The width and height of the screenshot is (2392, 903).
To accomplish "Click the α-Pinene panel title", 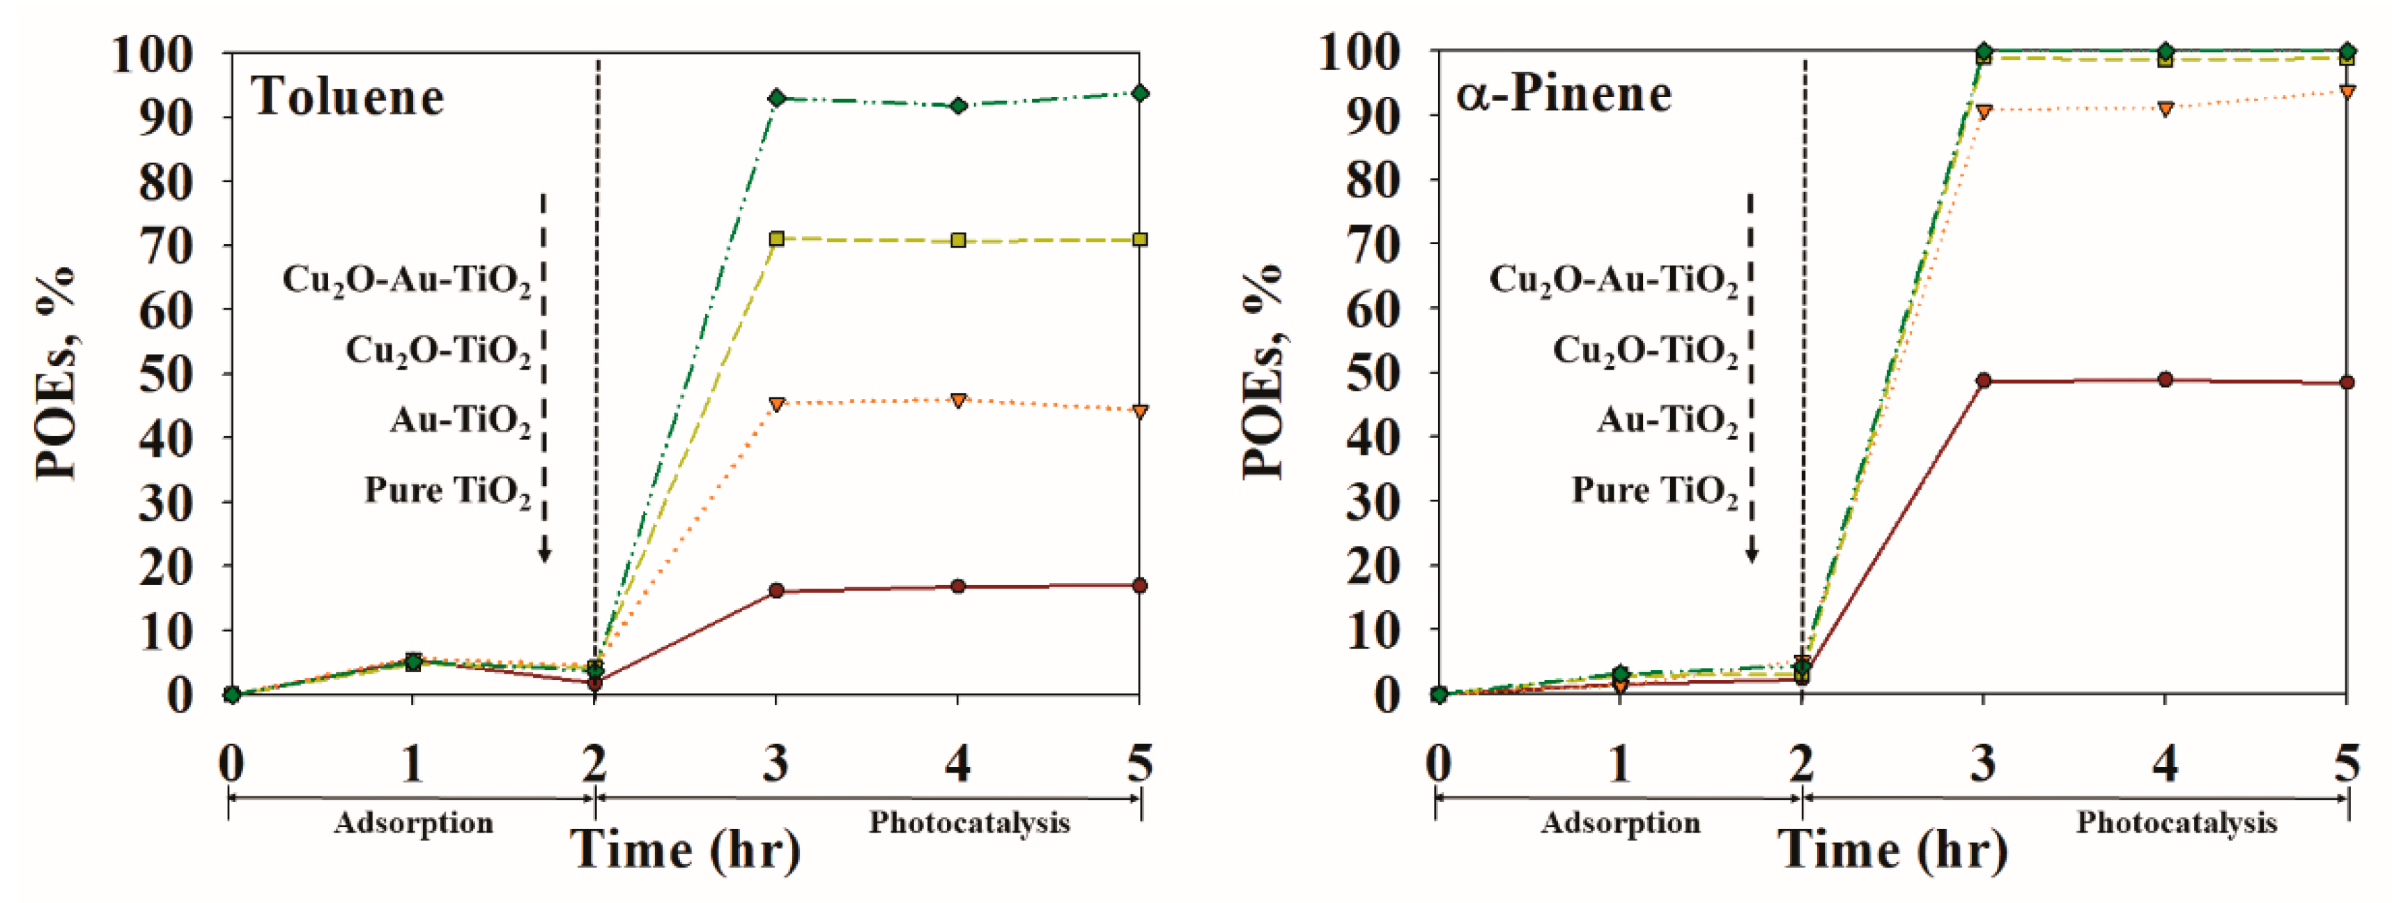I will tap(1564, 95).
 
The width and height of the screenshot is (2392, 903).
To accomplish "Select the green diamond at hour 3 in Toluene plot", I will tap(776, 98).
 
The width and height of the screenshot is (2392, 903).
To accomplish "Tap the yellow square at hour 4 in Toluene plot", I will tap(958, 241).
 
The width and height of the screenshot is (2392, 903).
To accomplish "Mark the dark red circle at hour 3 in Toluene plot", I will tap(776, 590).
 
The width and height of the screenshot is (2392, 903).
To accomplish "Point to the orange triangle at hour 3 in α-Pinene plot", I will tap(1984, 112).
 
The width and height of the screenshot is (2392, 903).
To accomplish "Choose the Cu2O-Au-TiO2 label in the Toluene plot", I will tap(407, 280).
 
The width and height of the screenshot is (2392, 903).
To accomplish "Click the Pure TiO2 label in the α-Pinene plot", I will tap(1655, 490).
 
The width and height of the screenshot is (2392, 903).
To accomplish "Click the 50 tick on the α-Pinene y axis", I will tap(1373, 372).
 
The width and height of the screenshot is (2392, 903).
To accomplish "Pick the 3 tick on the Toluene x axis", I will tap(776, 764).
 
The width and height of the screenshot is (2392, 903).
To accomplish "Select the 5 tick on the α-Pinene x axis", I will tap(2347, 764).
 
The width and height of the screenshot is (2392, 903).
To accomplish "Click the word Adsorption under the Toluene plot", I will tap(413, 823).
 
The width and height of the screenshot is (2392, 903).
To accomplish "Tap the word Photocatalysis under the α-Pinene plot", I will tap(2177, 823).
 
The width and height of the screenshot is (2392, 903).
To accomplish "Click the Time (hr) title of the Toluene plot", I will tap(686, 850).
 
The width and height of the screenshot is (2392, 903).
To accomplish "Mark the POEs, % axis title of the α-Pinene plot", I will tap(1263, 372).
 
